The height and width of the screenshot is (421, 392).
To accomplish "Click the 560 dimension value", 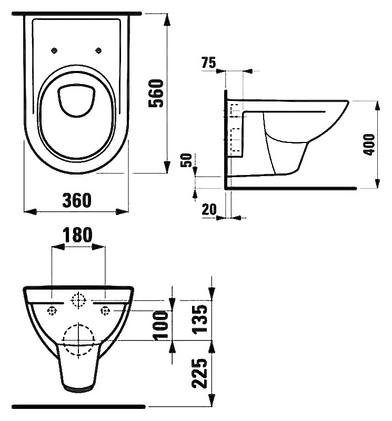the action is click(x=156, y=93).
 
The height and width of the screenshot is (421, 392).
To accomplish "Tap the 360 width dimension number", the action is click(x=77, y=200).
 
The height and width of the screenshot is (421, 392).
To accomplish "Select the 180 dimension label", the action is click(x=78, y=234).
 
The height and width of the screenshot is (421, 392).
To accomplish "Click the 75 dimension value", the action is click(x=209, y=63).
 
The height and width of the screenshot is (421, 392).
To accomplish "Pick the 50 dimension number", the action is click(x=186, y=160).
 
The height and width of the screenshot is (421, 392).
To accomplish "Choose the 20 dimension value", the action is click(x=209, y=209).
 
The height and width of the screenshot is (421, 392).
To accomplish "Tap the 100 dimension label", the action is click(x=160, y=325).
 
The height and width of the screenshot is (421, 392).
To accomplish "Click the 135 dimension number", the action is click(x=200, y=319).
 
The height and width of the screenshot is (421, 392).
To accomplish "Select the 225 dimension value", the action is click(x=199, y=373).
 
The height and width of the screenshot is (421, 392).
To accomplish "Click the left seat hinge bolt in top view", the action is click(x=54, y=50).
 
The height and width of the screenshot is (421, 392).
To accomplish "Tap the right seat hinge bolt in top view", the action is click(x=99, y=50).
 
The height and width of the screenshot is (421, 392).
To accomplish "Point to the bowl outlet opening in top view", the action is click(x=76, y=100).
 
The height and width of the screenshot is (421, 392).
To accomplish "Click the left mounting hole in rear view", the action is click(x=52, y=311).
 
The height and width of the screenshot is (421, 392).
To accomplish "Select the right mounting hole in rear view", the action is click(x=105, y=311).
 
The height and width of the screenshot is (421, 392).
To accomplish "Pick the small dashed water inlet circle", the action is click(x=78, y=300).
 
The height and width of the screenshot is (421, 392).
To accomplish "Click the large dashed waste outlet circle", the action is click(x=78, y=341).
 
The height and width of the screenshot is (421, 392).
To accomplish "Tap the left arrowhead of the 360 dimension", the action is click(x=30, y=212).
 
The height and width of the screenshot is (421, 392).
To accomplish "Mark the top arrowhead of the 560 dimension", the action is click(x=167, y=19).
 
